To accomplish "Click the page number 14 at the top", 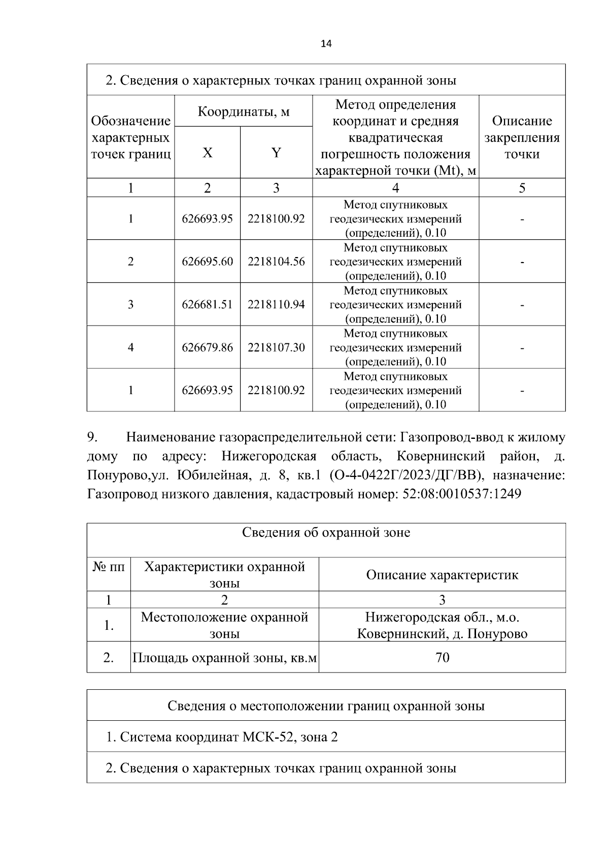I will click(x=326, y=44).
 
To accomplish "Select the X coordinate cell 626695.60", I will click(x=207, y=262).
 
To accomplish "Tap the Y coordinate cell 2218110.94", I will click(x=276, y=304).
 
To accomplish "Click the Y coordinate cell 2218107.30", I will click(x=276, y=347).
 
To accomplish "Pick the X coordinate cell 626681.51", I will click(x=207, y=304).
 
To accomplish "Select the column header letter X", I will click(x=207, y=152).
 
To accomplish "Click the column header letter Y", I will click(x=276, y=152).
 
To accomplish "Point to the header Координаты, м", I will click(x=243, y=111).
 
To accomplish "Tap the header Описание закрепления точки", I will click(x=522, y=137).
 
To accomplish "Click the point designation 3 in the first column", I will click(x=130, y=304).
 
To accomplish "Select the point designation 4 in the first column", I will click(x=130, y=347).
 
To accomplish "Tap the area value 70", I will click(x=442, y=658).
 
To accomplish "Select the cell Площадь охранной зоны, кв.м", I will click(x=224, y=658).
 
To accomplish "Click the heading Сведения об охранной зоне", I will click(x=326, y=532).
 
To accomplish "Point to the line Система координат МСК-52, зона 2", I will click(x=222, y=737).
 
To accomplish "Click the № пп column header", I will click(x=109, y=567).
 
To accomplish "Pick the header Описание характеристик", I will click(x=442, y=575).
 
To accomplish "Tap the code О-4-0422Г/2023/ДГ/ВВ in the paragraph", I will click(x=404, y=475).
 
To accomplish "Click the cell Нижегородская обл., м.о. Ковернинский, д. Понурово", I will click(x=442, y=625).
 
